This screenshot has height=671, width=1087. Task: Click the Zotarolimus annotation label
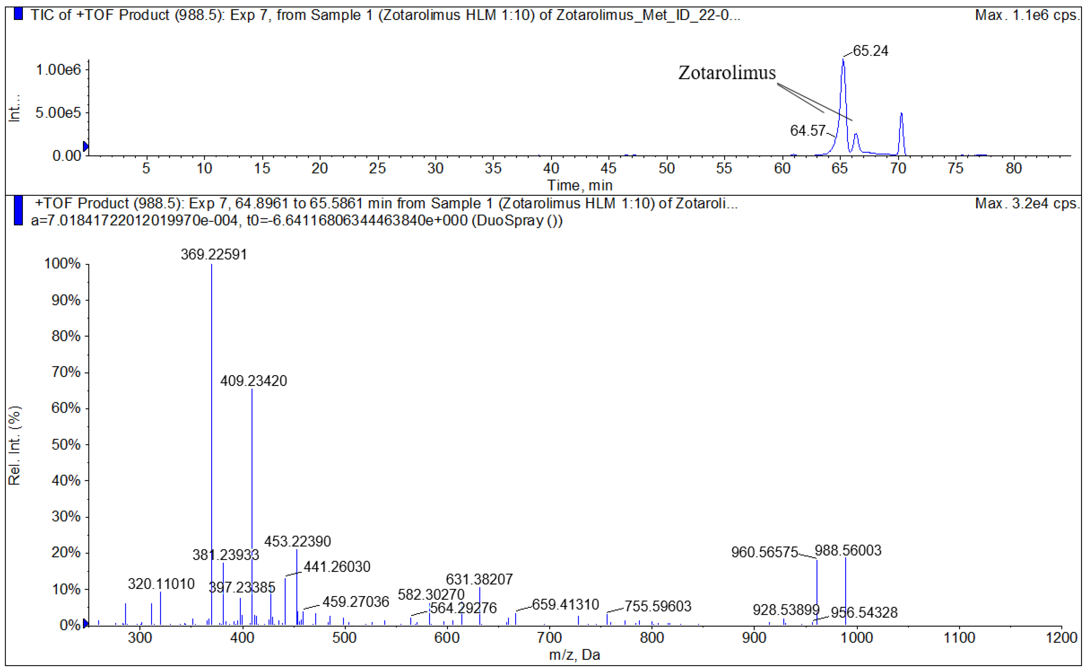pyautogui.click(x=727, y=73)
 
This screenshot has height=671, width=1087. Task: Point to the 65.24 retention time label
pyautogui.click(x=870, y=51)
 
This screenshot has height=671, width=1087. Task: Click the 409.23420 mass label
pyautogui.click(x=253, y=381)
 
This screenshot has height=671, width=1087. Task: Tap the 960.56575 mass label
pyautogui.click(x=764, y=552)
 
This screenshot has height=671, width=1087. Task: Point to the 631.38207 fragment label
pyautogui.click(x=479, y=579)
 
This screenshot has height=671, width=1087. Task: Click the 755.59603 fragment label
pyautogui.click(x=658, y=606)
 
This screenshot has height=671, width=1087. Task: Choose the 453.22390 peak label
pyautogui.click(x=297, y=541)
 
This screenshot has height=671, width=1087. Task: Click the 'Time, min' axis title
pyautogui.click(x=580, y=185)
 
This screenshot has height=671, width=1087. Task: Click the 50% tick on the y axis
pyautogui.click(x=66, y=445)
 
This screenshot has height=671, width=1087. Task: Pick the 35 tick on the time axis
pyautogui.click(x=493, y=169)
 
